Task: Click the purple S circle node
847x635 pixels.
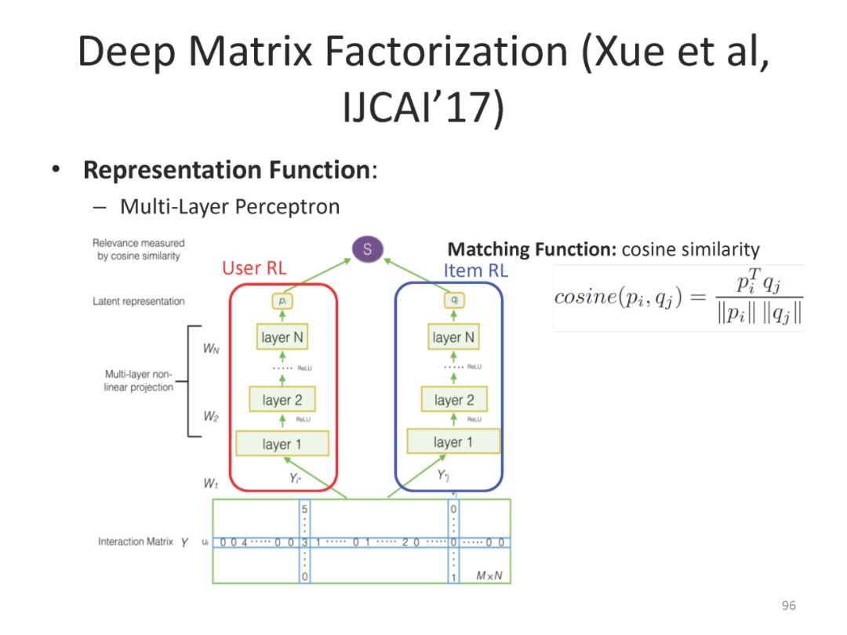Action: pyautogui.click(x=367, y=250)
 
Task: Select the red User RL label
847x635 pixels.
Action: pyautogui.click(x=254, y=268)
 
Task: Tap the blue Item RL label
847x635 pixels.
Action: pyautogui.click(x=476, y=270)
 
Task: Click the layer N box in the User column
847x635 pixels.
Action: pyautogui.click(x=282, y=338)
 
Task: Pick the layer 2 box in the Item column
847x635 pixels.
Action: pyautogui.click(x=454, y=400)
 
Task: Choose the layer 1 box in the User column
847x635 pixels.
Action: pyautogui.click(x=282, y=444)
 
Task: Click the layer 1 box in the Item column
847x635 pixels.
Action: pyautogui.click(x=453, y=442)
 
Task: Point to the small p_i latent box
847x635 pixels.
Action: pyautogui.click(x=282, y=301)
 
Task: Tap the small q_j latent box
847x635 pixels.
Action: pyautogui.click(x=453, y=301)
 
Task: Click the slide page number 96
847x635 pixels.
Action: pyautogui.click(x=788, y=605)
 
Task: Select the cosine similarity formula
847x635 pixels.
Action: pyautogui.click(x=678, y=298)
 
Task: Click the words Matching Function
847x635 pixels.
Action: pyautogui.click(x=532, y=250)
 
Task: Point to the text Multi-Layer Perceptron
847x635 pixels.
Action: pyautogui.click(x=230, y=207)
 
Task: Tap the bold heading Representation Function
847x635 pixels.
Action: pyautogui.click(x=227, y=170)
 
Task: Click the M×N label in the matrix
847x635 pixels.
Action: pyautogui.click(x=489, y=576)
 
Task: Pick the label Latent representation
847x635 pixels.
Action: pyautogui.click(x=139, y=301)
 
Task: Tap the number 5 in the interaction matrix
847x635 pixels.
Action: pyautogui.click(x=304, y=508)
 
